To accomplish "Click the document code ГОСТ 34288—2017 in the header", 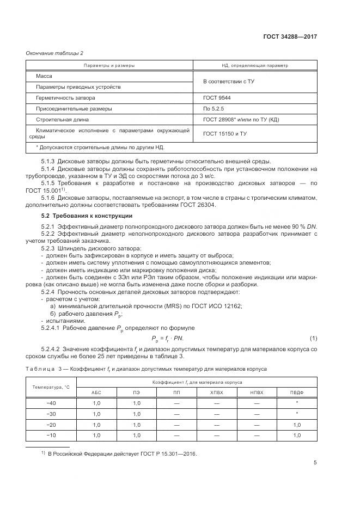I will (290, 36).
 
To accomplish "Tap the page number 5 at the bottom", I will (315, 463).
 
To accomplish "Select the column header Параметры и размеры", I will (109, 65).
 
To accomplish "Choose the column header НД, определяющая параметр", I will (255, 65).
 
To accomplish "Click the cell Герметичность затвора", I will (65, 98).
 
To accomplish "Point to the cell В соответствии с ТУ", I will (229, 82).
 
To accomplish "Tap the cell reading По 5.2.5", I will (213, 108).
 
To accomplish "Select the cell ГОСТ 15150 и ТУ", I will (225, 133).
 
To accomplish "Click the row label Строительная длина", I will (62, 119).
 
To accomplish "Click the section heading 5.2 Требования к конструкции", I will (80, 216).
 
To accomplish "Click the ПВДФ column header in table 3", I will (297, 392).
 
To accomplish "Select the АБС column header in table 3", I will (96, 392).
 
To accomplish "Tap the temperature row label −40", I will (52, 403).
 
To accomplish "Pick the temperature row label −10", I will (52, 436).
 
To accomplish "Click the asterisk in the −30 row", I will (297, 414).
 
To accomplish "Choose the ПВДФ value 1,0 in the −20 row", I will (297, 425).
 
